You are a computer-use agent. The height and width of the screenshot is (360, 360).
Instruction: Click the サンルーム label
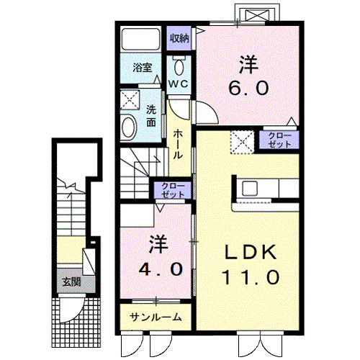click(156, 318)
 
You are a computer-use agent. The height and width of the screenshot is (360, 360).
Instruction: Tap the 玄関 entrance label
click(70, 282)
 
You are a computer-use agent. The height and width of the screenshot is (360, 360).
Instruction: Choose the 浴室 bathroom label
click(142, 68)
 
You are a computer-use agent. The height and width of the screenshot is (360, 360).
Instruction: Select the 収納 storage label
click(179, 38)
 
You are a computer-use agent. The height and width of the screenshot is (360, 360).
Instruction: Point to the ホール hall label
click(177, 144)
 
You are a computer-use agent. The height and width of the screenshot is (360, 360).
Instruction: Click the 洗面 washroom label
click(151, 116)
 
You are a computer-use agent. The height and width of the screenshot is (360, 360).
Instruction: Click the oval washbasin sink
click(129, 128)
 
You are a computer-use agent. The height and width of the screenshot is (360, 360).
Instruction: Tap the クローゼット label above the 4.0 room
click(173, 191)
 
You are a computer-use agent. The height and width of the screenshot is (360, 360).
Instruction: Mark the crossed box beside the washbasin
click(129, 100)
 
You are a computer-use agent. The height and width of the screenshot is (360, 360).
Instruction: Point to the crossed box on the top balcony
click(257, 15)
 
